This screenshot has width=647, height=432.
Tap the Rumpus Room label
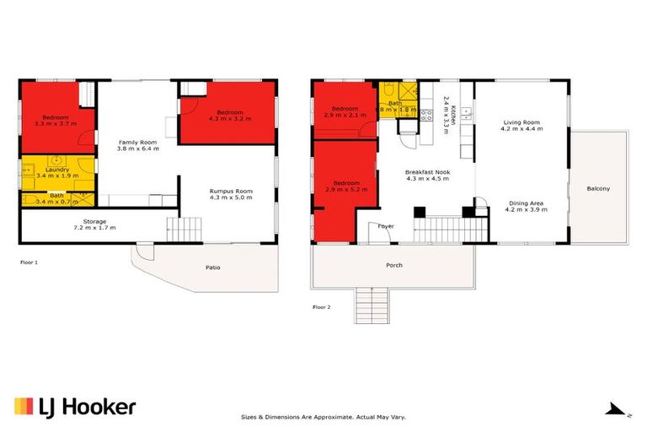(231, 195)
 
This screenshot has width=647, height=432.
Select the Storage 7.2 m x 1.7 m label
(94, 224)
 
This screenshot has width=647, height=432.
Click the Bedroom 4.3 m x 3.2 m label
(229, 116)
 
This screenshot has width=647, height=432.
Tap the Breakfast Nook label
(427, 175)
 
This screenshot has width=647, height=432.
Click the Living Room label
(521, 125)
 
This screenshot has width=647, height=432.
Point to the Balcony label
(598, 188)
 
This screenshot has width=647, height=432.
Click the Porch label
(393, 265)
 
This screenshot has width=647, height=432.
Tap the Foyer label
(386, 226)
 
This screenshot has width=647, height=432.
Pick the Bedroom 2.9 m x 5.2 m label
(345, 186)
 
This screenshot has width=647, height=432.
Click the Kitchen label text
(452, 112)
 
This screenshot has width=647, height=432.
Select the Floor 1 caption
(29, 262)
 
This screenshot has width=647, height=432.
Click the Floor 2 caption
(322, 307)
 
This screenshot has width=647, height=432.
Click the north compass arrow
(618, 410)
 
